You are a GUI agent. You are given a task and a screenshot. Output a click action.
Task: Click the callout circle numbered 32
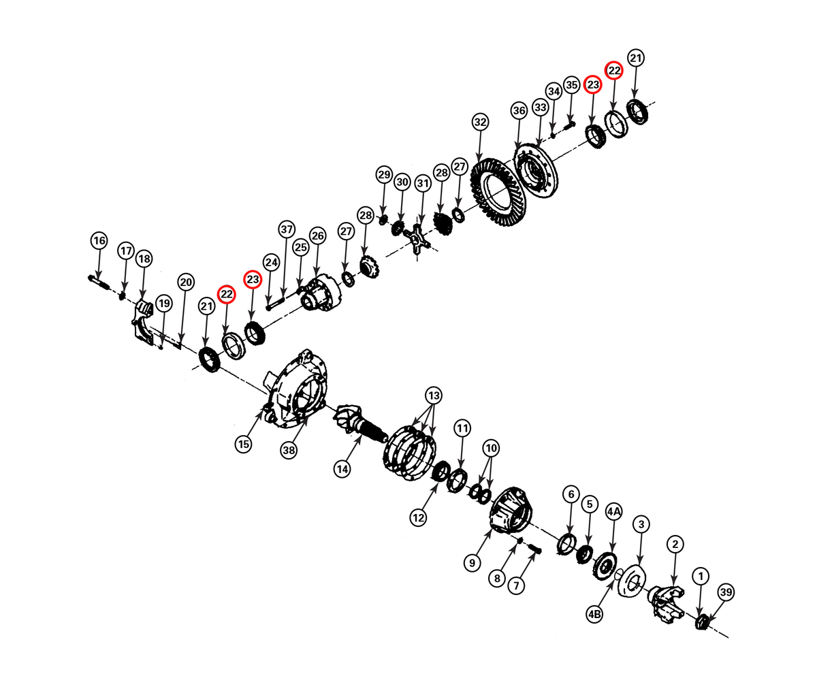[x=480, y=122]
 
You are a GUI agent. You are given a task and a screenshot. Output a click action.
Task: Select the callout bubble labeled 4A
[x=614, y=513]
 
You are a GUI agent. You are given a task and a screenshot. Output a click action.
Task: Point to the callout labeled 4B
[x=594, y=615]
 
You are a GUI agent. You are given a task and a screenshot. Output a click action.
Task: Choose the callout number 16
[x=99, y=241]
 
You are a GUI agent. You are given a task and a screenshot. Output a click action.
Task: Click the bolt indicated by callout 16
[x=99, y=283]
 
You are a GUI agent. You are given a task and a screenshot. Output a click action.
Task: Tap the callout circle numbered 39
[x=726, y=592]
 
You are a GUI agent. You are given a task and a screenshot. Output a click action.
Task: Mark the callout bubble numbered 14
[x=342, y=469]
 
